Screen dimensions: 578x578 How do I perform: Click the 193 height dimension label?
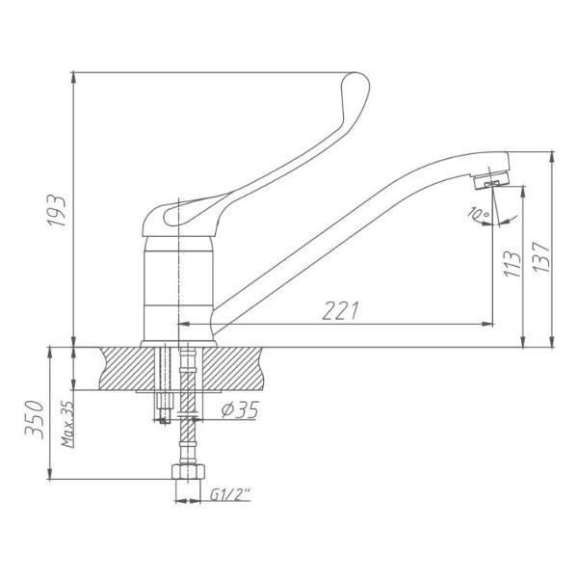coord(57,210)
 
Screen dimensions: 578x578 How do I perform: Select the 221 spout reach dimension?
coord(341,311)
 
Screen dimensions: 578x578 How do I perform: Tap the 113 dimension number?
coord(512,264)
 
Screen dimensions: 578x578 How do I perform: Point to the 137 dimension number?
coord(541,257)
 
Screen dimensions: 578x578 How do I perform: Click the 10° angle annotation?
coord(478,214)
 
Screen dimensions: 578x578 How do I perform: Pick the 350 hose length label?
coord(35,419)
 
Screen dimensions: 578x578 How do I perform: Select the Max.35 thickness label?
coord(67,424)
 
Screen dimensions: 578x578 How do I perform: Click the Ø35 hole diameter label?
coord(240,409)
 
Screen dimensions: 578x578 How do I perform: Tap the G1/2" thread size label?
coord(230,495)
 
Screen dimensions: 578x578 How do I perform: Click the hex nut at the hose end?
coord(188,471)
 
